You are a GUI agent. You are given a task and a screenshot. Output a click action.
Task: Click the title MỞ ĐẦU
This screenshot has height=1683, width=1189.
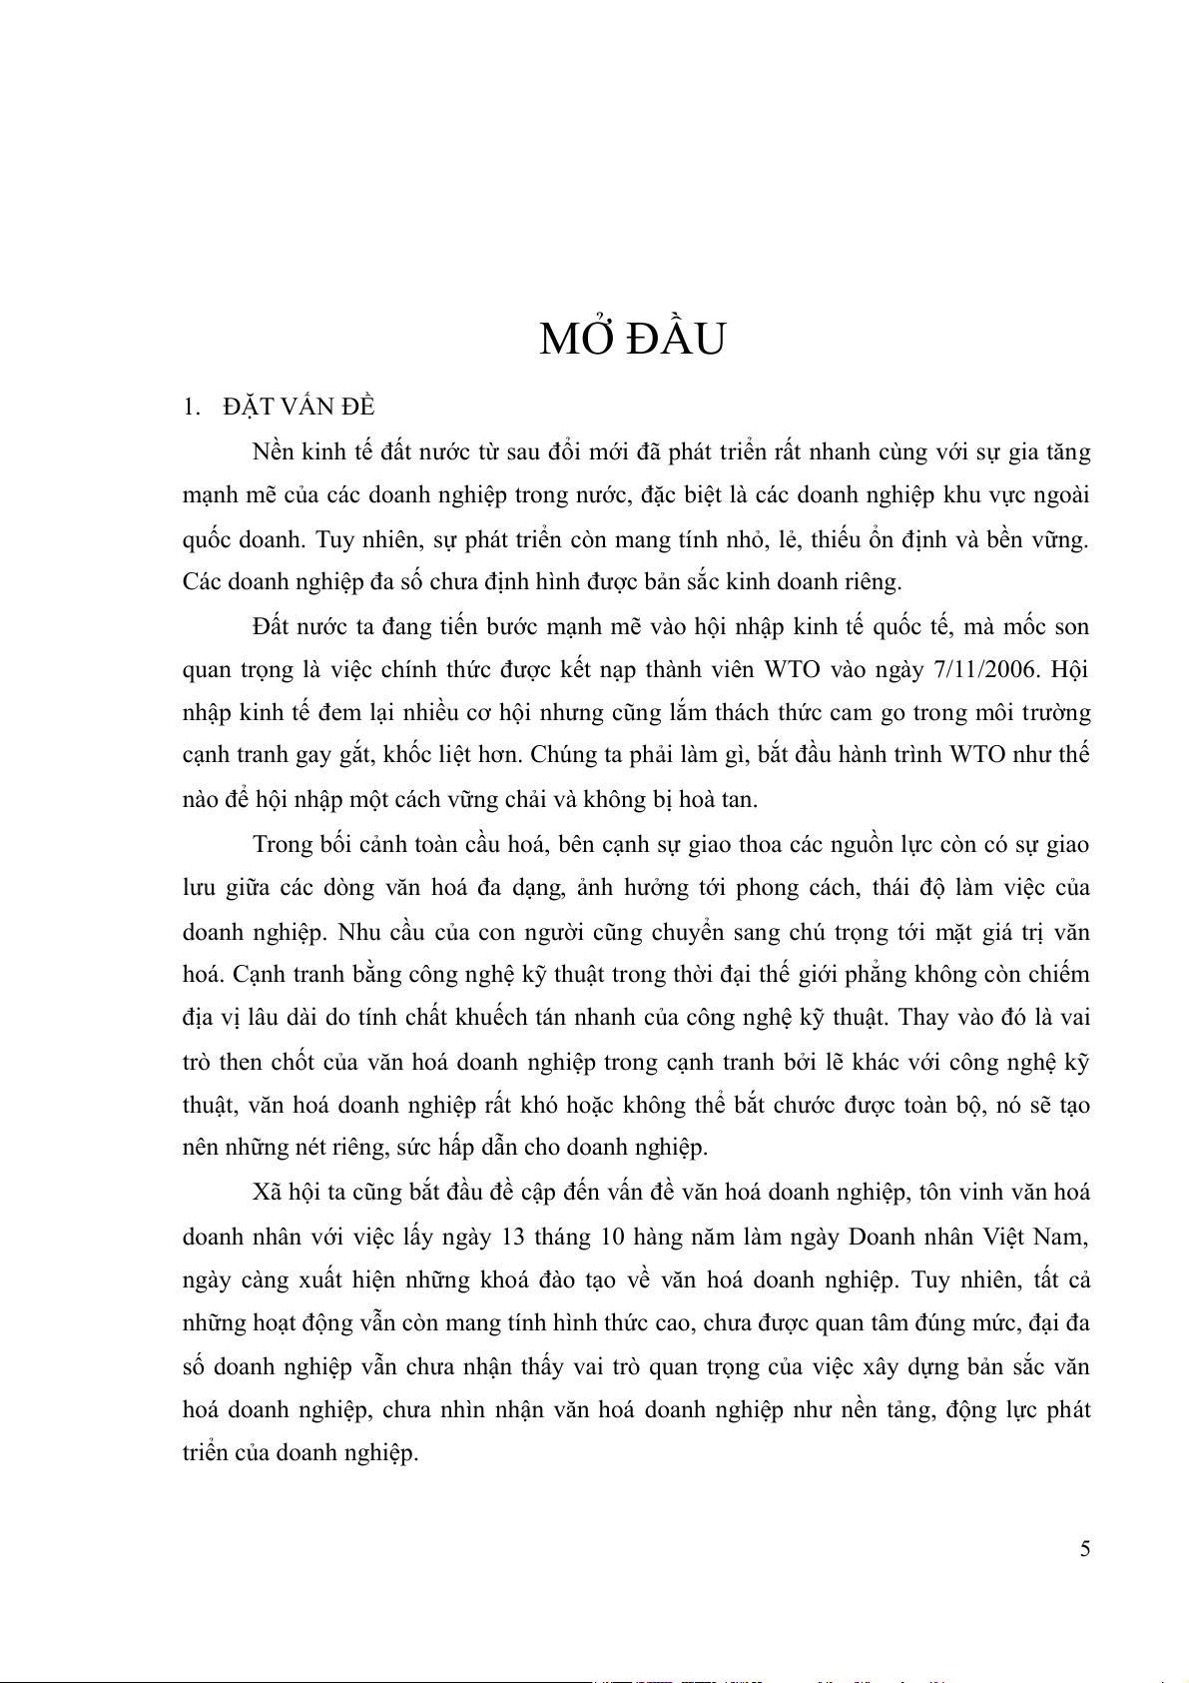coord(632,340)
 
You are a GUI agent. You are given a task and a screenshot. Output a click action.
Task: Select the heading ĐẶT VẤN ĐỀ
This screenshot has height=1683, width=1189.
coord(298,407)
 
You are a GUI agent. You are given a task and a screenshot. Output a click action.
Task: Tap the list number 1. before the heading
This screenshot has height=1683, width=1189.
coord(192,407)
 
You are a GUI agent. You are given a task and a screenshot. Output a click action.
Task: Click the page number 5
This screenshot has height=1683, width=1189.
coord(1084,1549)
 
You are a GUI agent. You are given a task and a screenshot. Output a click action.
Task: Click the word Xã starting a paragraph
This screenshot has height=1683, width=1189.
coord(267,1193)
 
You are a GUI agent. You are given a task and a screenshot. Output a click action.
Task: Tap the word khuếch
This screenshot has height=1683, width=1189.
coord(490,1018)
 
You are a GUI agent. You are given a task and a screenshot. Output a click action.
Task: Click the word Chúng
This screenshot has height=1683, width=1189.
coord(565,755)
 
